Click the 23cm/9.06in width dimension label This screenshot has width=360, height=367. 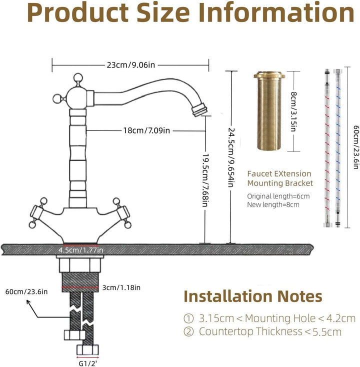(131, 65)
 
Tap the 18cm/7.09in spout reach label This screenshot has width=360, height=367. (146, 130)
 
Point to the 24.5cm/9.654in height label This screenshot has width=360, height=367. (231, 157)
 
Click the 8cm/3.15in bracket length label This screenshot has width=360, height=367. (294, 111)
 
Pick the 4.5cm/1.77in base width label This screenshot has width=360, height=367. (81, 250)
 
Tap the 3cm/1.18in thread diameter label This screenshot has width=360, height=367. (121, 287)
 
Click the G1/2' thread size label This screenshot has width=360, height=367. (87, 363)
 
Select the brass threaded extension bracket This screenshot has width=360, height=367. (269, 110)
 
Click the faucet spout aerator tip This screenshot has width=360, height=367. (199, 109)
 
